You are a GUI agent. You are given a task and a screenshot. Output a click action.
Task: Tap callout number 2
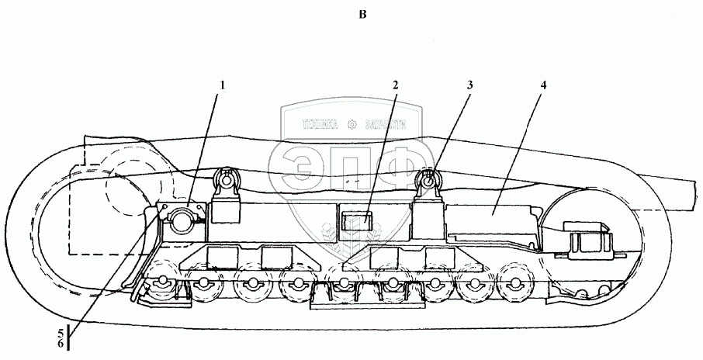tap(395, 86)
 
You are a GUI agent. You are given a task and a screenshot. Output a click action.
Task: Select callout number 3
tap(469, 86)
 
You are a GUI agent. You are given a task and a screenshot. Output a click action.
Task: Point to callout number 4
tap(543, 86)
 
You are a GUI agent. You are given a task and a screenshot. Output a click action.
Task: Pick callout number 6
tap(61, 344)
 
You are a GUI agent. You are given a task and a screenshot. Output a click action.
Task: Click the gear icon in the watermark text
tap(352, 123)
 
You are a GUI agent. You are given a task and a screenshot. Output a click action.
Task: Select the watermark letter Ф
tap(403, 168)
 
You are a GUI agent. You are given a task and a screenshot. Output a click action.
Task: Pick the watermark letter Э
tap(306, 168)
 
